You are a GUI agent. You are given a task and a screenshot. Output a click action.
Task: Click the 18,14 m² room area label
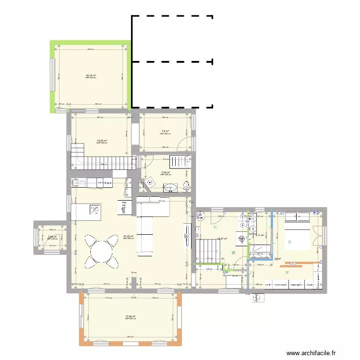pyautogui.click(x=91, y=75)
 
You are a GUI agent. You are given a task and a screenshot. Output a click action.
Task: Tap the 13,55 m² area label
pyautogui.click(x=102, y=141)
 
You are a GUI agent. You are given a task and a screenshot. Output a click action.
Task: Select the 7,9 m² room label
pyautogui.click(x=165, y=131)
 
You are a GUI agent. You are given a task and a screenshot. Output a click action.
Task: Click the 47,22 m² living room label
pyautogui.click(x=128, y=236)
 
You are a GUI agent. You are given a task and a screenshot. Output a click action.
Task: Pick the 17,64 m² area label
pyautogui.click(x=130, y=316)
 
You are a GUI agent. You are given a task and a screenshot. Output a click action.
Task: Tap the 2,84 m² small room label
pyautogui.click(x=52, y=237)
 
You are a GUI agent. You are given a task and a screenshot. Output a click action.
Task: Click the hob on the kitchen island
pyautogui.click(x=95, y=209)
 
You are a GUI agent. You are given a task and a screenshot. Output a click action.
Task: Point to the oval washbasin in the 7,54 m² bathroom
pyautogui.click(x=170, y=187)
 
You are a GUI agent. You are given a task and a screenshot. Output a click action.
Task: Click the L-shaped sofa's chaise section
pyautogui.click(x=144, y=235)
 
